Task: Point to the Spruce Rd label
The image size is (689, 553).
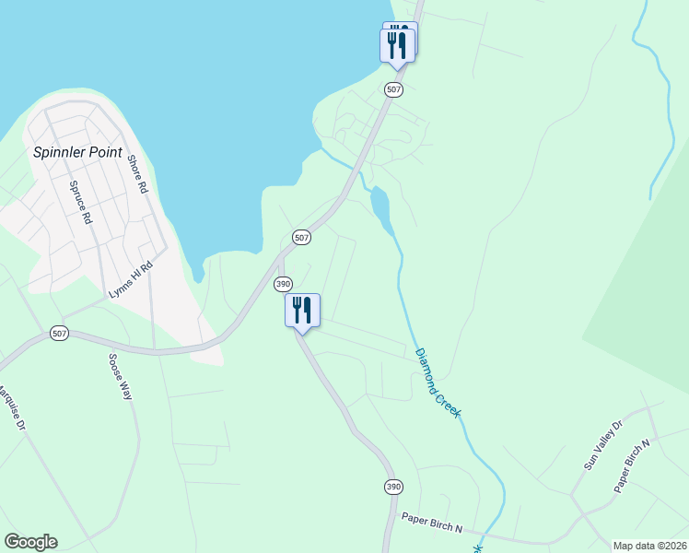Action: coord(80,202)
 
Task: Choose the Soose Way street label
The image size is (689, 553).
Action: coord(121,376)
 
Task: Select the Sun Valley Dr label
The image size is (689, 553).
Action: coord(603,445)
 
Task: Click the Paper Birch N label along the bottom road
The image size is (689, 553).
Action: coord(431,523)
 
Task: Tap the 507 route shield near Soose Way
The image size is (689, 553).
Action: coord(60,333)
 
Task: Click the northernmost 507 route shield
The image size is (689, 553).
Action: coord(393,89)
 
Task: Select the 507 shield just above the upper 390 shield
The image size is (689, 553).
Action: coord(301,237)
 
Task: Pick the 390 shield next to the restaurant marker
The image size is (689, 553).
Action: coord(283,283)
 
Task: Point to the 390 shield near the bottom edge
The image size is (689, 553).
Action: coord(393,486)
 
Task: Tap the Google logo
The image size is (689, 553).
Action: coord(30,542)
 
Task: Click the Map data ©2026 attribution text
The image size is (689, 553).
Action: coord(649,546)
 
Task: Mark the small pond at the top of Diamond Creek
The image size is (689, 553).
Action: coord(380,207)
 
